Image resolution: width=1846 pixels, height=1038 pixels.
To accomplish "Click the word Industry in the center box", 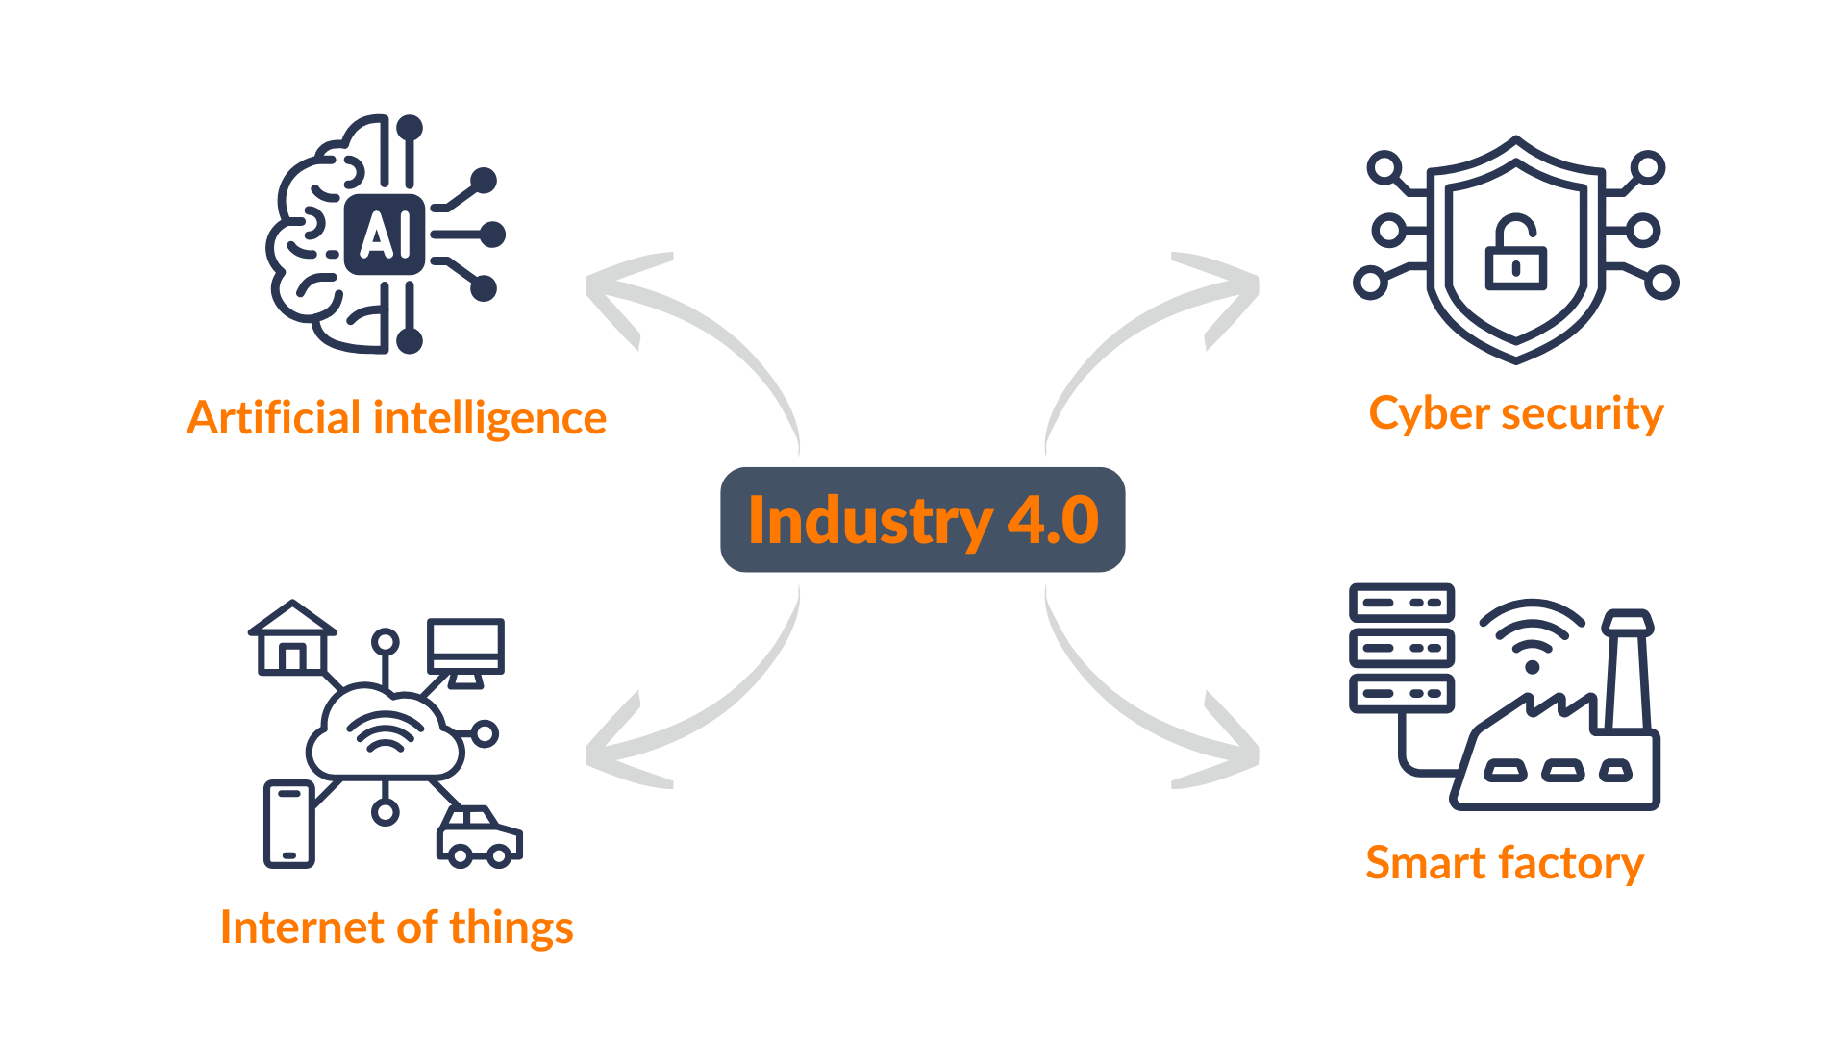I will (869, 521).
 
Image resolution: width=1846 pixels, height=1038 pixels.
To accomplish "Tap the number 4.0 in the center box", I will (1053, 521).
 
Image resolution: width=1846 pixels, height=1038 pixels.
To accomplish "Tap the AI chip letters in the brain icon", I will (385, 235).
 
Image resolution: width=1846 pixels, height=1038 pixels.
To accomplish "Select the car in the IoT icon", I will (479, 836).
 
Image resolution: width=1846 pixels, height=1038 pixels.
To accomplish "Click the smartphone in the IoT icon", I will (288, 825).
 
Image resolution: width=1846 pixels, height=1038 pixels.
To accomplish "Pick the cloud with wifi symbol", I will (386, 732).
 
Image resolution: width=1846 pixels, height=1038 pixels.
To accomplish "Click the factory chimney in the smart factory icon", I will (1628, 673).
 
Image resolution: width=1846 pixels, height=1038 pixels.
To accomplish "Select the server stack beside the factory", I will (1402, 648).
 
